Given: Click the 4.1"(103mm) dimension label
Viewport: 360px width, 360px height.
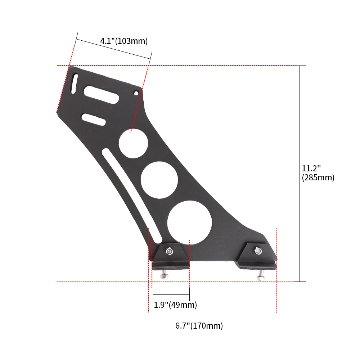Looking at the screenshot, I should point(124,41).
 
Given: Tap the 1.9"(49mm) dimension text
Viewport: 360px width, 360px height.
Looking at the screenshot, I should point(175,305).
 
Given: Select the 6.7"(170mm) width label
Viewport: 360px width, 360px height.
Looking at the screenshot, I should point(199,326).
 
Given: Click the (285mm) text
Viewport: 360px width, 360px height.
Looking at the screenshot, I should point(318,177).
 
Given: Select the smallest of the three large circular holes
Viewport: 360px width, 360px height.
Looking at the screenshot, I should point(134,143).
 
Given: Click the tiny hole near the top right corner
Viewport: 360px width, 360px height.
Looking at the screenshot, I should point(136,93).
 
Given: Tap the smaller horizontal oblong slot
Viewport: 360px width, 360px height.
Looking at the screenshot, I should point(93,120).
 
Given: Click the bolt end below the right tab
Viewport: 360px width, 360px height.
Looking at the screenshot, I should point(260,276).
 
